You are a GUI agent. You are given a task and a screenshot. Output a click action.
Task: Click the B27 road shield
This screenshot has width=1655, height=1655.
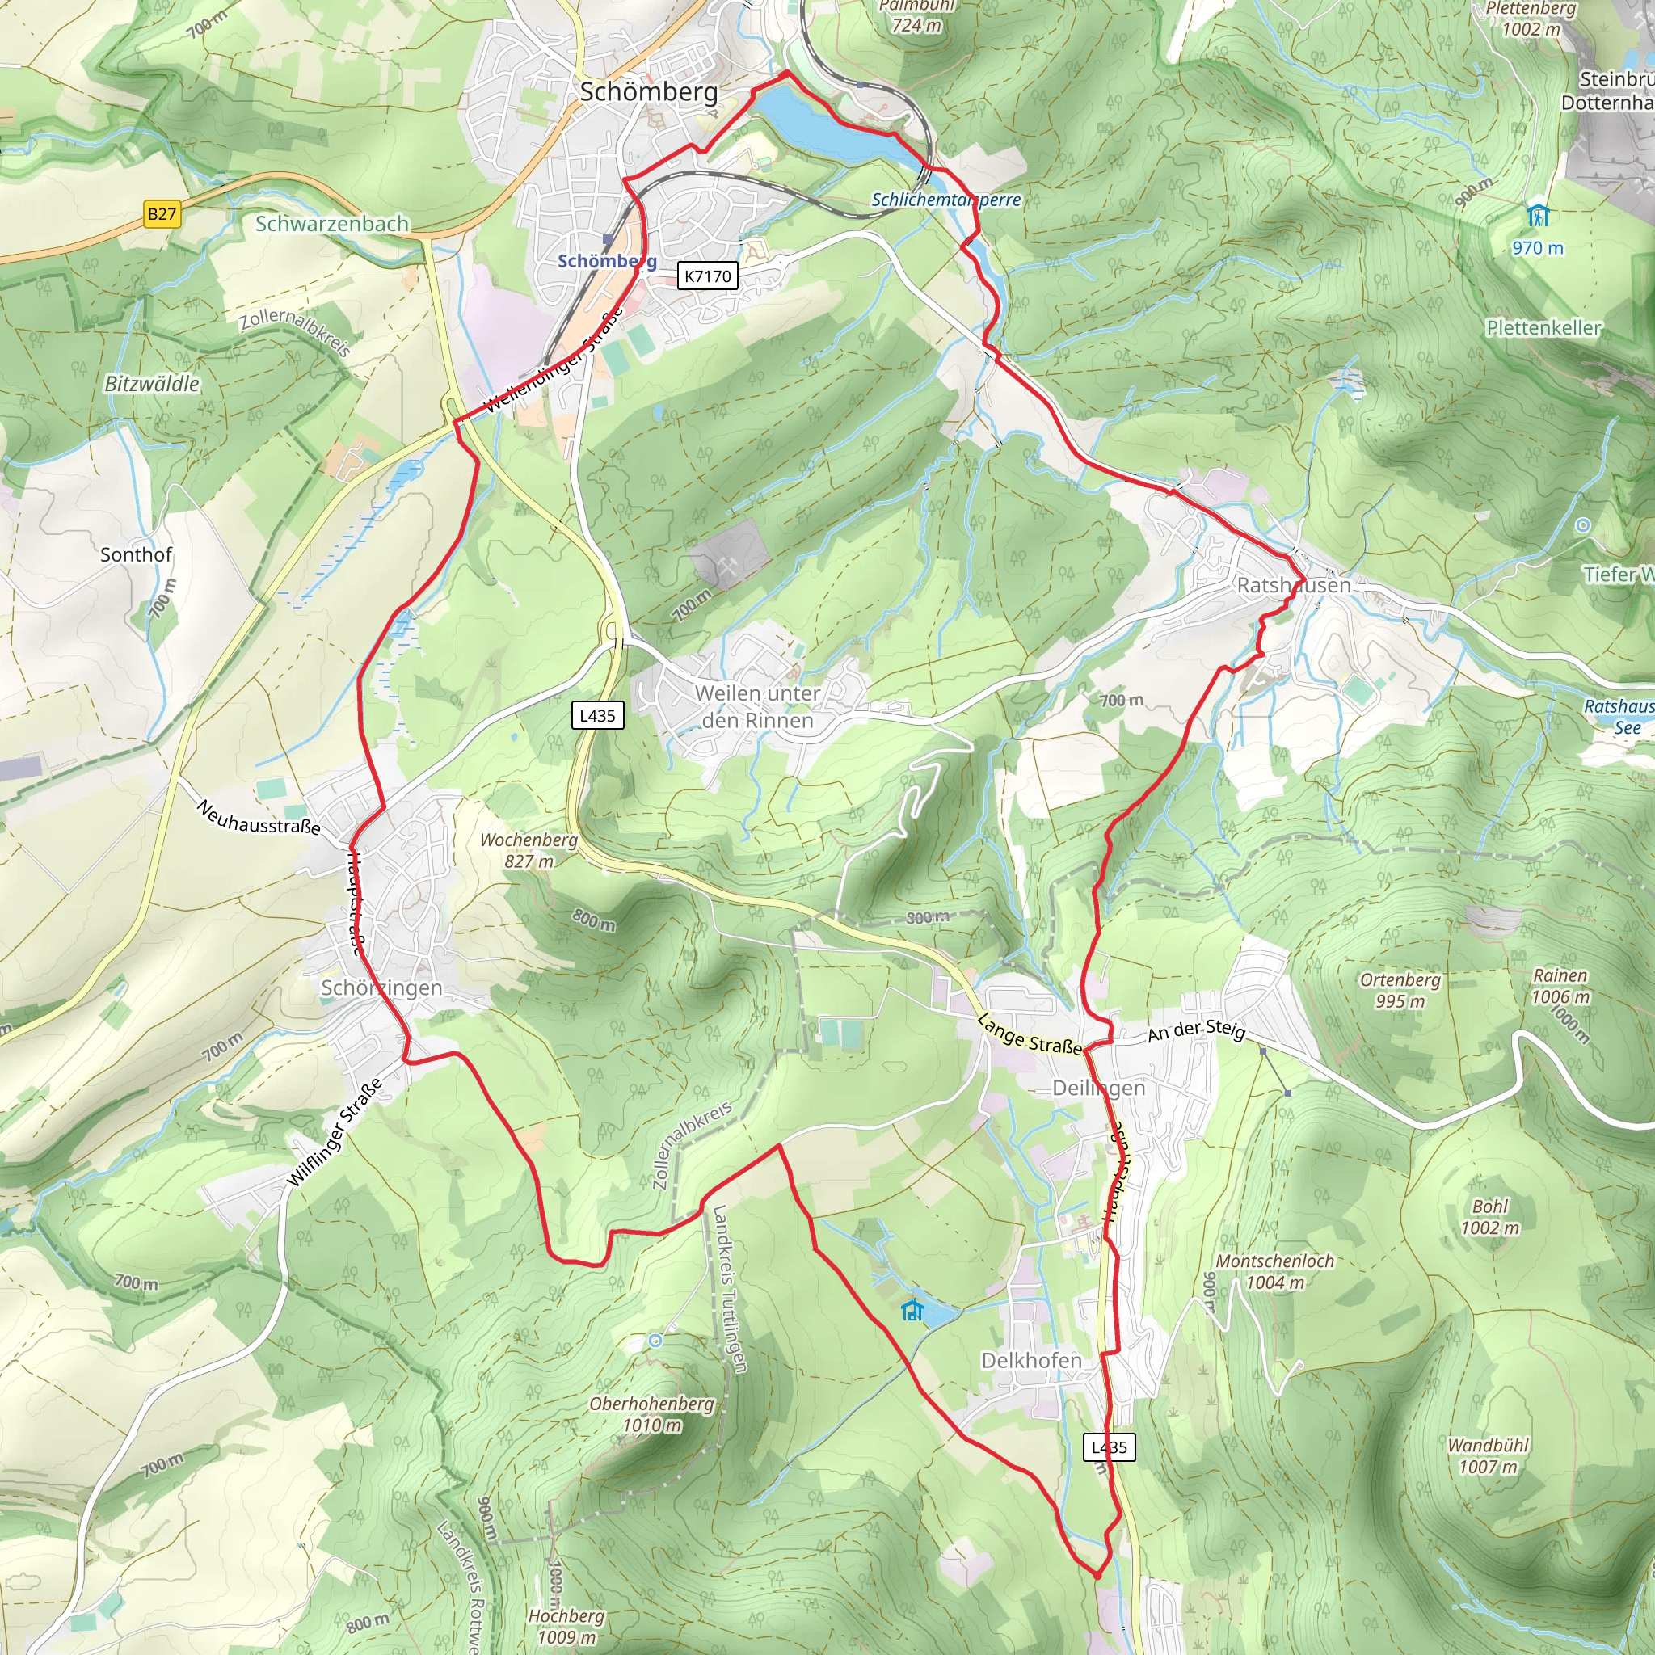162,214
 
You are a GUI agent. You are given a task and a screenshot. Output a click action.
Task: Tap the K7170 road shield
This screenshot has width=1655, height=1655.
708,276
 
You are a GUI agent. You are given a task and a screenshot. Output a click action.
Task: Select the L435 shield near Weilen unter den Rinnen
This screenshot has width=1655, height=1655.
597,715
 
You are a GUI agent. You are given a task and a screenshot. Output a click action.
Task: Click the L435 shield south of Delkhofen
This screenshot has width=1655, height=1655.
1110,1447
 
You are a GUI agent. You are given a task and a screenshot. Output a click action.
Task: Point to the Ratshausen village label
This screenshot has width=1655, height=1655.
1294,585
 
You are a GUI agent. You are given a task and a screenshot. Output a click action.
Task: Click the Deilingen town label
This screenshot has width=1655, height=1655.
1098,1088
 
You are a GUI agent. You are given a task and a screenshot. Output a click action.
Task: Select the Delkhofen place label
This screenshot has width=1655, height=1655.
1031,1360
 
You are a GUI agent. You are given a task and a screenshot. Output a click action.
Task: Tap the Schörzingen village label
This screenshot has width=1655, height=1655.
381,988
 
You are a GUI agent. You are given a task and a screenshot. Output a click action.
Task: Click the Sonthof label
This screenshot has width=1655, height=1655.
137,554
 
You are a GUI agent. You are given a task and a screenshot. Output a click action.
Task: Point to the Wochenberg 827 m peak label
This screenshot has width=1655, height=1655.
529,850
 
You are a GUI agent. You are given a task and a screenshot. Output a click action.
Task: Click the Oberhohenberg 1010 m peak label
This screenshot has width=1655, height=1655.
651,1414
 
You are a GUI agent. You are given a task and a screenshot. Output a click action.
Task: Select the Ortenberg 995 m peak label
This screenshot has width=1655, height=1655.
1400,990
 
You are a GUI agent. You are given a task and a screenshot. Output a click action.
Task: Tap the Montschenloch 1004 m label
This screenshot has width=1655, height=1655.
1274,1271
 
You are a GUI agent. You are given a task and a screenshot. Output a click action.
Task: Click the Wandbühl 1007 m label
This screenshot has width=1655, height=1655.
1488,1455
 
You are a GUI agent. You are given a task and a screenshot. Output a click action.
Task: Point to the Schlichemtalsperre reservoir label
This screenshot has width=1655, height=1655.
945,200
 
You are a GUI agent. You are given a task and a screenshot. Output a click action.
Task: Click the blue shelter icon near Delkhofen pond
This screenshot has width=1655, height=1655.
912,1310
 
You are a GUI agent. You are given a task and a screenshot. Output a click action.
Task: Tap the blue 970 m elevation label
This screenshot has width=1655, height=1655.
1537,247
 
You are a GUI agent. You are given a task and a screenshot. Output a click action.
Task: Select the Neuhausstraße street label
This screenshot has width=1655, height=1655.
259,817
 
